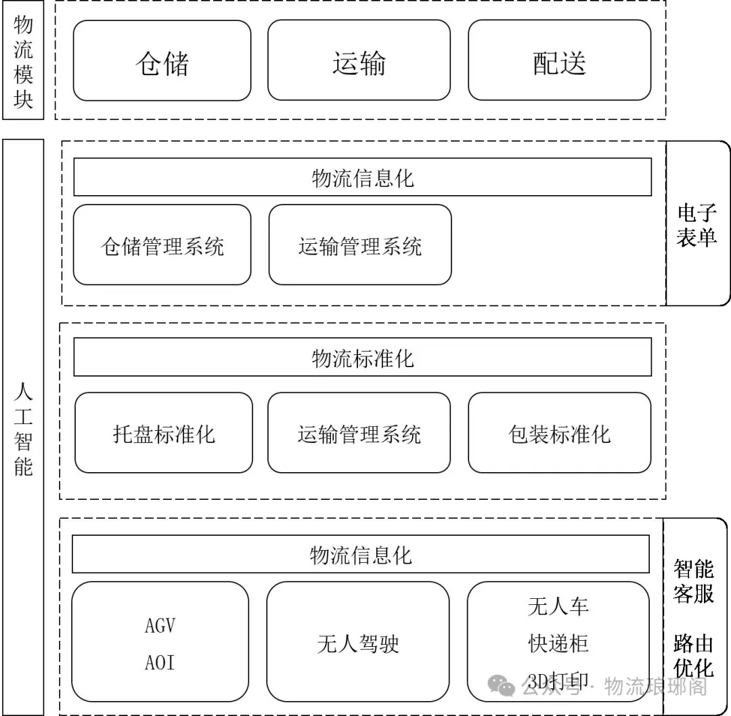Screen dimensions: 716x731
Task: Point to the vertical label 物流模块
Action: pos(23,62)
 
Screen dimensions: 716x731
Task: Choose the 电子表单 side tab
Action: pos(696,226)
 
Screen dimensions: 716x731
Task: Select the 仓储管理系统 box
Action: pos(162,245)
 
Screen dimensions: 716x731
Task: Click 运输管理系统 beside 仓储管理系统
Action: pos(359,245)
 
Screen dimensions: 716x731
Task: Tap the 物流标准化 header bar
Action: pos(362,357)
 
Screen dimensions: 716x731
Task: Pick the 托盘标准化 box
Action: pos(163,433)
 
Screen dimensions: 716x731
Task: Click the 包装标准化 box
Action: pos(559,433)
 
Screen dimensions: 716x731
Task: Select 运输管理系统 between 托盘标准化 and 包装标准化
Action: pos(359,433)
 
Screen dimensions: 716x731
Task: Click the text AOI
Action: pos(160,662)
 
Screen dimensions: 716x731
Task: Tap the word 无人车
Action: pos(558,606)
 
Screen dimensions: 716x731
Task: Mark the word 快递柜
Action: pos(558,644)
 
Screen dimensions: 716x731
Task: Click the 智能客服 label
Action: pos(694,580)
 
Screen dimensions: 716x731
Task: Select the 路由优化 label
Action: pos(694,655)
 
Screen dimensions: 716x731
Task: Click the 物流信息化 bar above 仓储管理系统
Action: pos(362,177)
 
